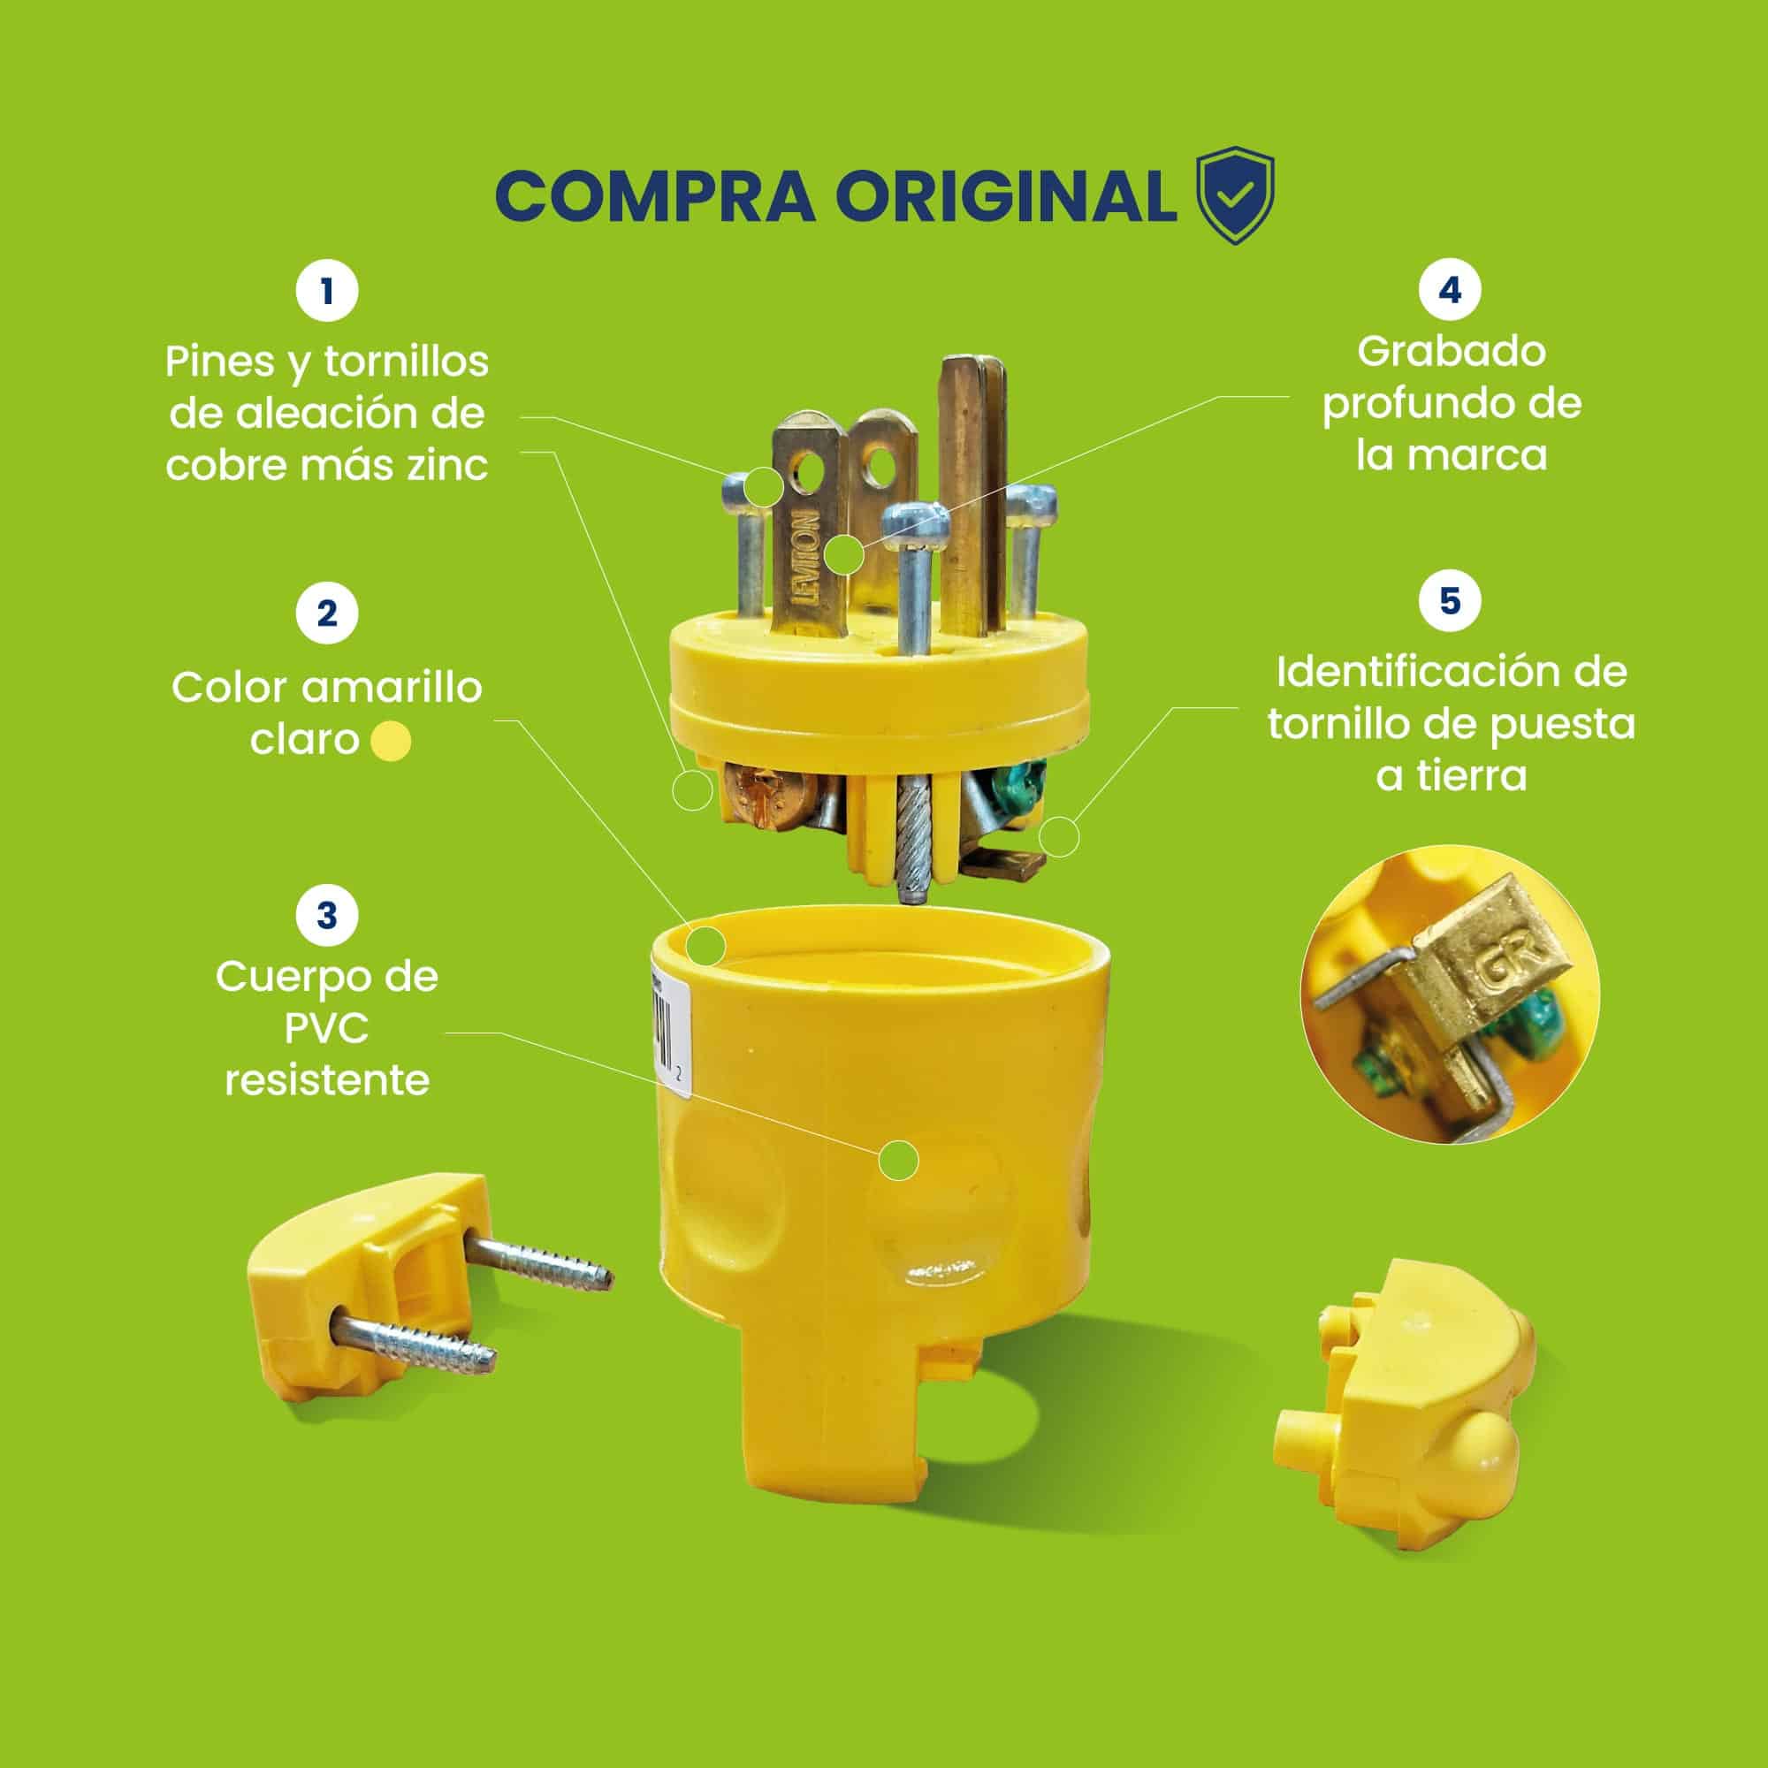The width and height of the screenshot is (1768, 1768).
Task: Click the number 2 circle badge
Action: click(x=327, y=613)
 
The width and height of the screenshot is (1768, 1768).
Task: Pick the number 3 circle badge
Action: click(x=327, y=914)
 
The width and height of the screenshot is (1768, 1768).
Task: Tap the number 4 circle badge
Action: click(x=1451, y=289)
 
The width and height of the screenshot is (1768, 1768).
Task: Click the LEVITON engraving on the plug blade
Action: click(x=809, y=557)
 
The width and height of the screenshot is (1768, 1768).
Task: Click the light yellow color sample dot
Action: click(x=392, y=742)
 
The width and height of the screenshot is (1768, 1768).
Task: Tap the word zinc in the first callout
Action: click(x=446, y=466)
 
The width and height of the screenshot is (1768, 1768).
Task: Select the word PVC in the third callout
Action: click(x=327, y=1029)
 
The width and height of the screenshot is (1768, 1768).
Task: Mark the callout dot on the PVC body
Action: click(x=899, y=1161)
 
